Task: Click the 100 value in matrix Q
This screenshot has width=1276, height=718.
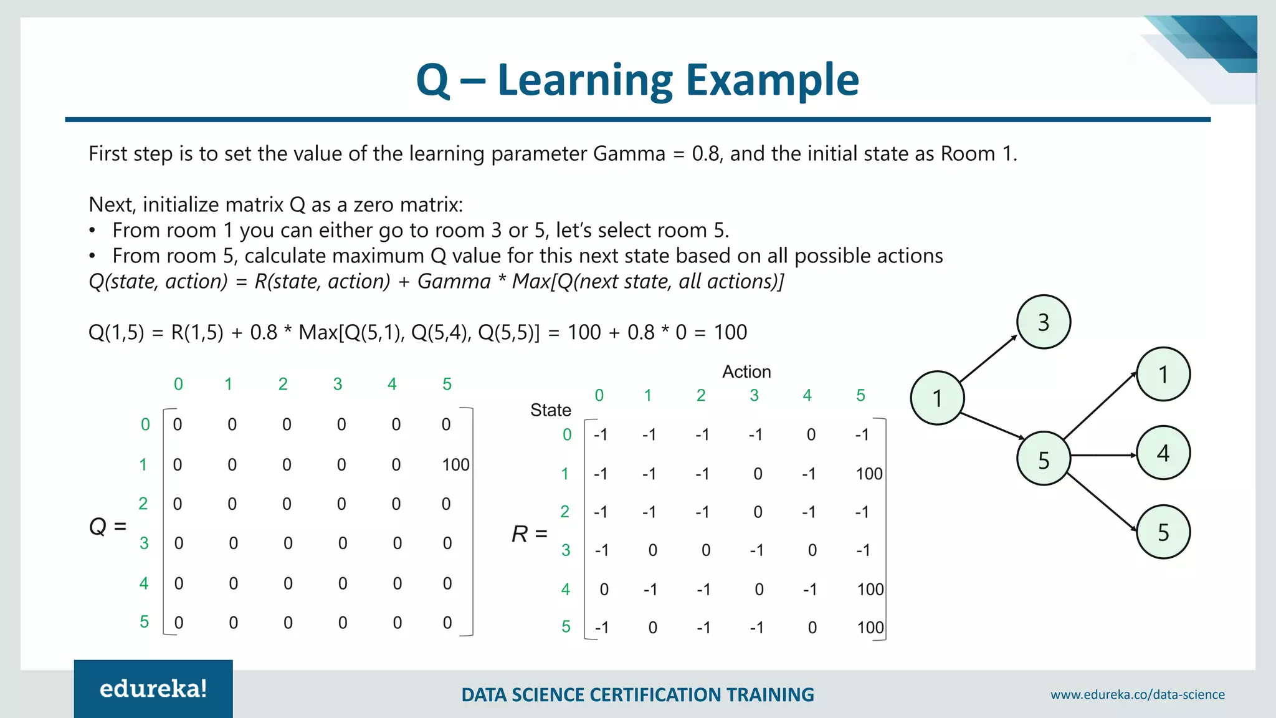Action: (x=455, y=465)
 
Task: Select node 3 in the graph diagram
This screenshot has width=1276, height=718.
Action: (x=1044, y=322)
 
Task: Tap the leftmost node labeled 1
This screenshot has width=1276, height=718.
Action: (x=937, y=398)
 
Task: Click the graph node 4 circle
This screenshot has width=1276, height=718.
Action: (x=1163, y=453)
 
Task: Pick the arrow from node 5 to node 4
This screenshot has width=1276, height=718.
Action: (x=1103, y=456)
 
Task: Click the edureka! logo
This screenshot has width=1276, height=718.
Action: (x=153, y=689)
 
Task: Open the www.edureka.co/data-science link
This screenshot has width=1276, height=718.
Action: (x=1137, y=694)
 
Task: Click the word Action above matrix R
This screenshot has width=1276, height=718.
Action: (x=746, y=372)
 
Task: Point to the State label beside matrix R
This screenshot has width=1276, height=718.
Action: (x=550, y=410)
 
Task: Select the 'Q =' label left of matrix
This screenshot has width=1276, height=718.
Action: (x=108, y=527)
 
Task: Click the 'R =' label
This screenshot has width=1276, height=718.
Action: (x=529, y=534)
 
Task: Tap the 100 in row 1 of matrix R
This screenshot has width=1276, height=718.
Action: (x=869, y=474)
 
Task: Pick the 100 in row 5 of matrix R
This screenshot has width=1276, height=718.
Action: (x=870, y=628)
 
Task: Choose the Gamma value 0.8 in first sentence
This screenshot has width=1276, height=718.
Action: (x=707, y=154)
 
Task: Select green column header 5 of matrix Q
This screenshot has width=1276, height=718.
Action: (x=447, y=385)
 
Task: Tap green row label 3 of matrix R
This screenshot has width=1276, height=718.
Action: (x=566, y=550)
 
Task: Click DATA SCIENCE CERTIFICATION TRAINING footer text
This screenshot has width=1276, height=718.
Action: (x=637, y=695)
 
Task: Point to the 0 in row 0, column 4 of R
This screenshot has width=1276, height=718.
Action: (x=811, y=435)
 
